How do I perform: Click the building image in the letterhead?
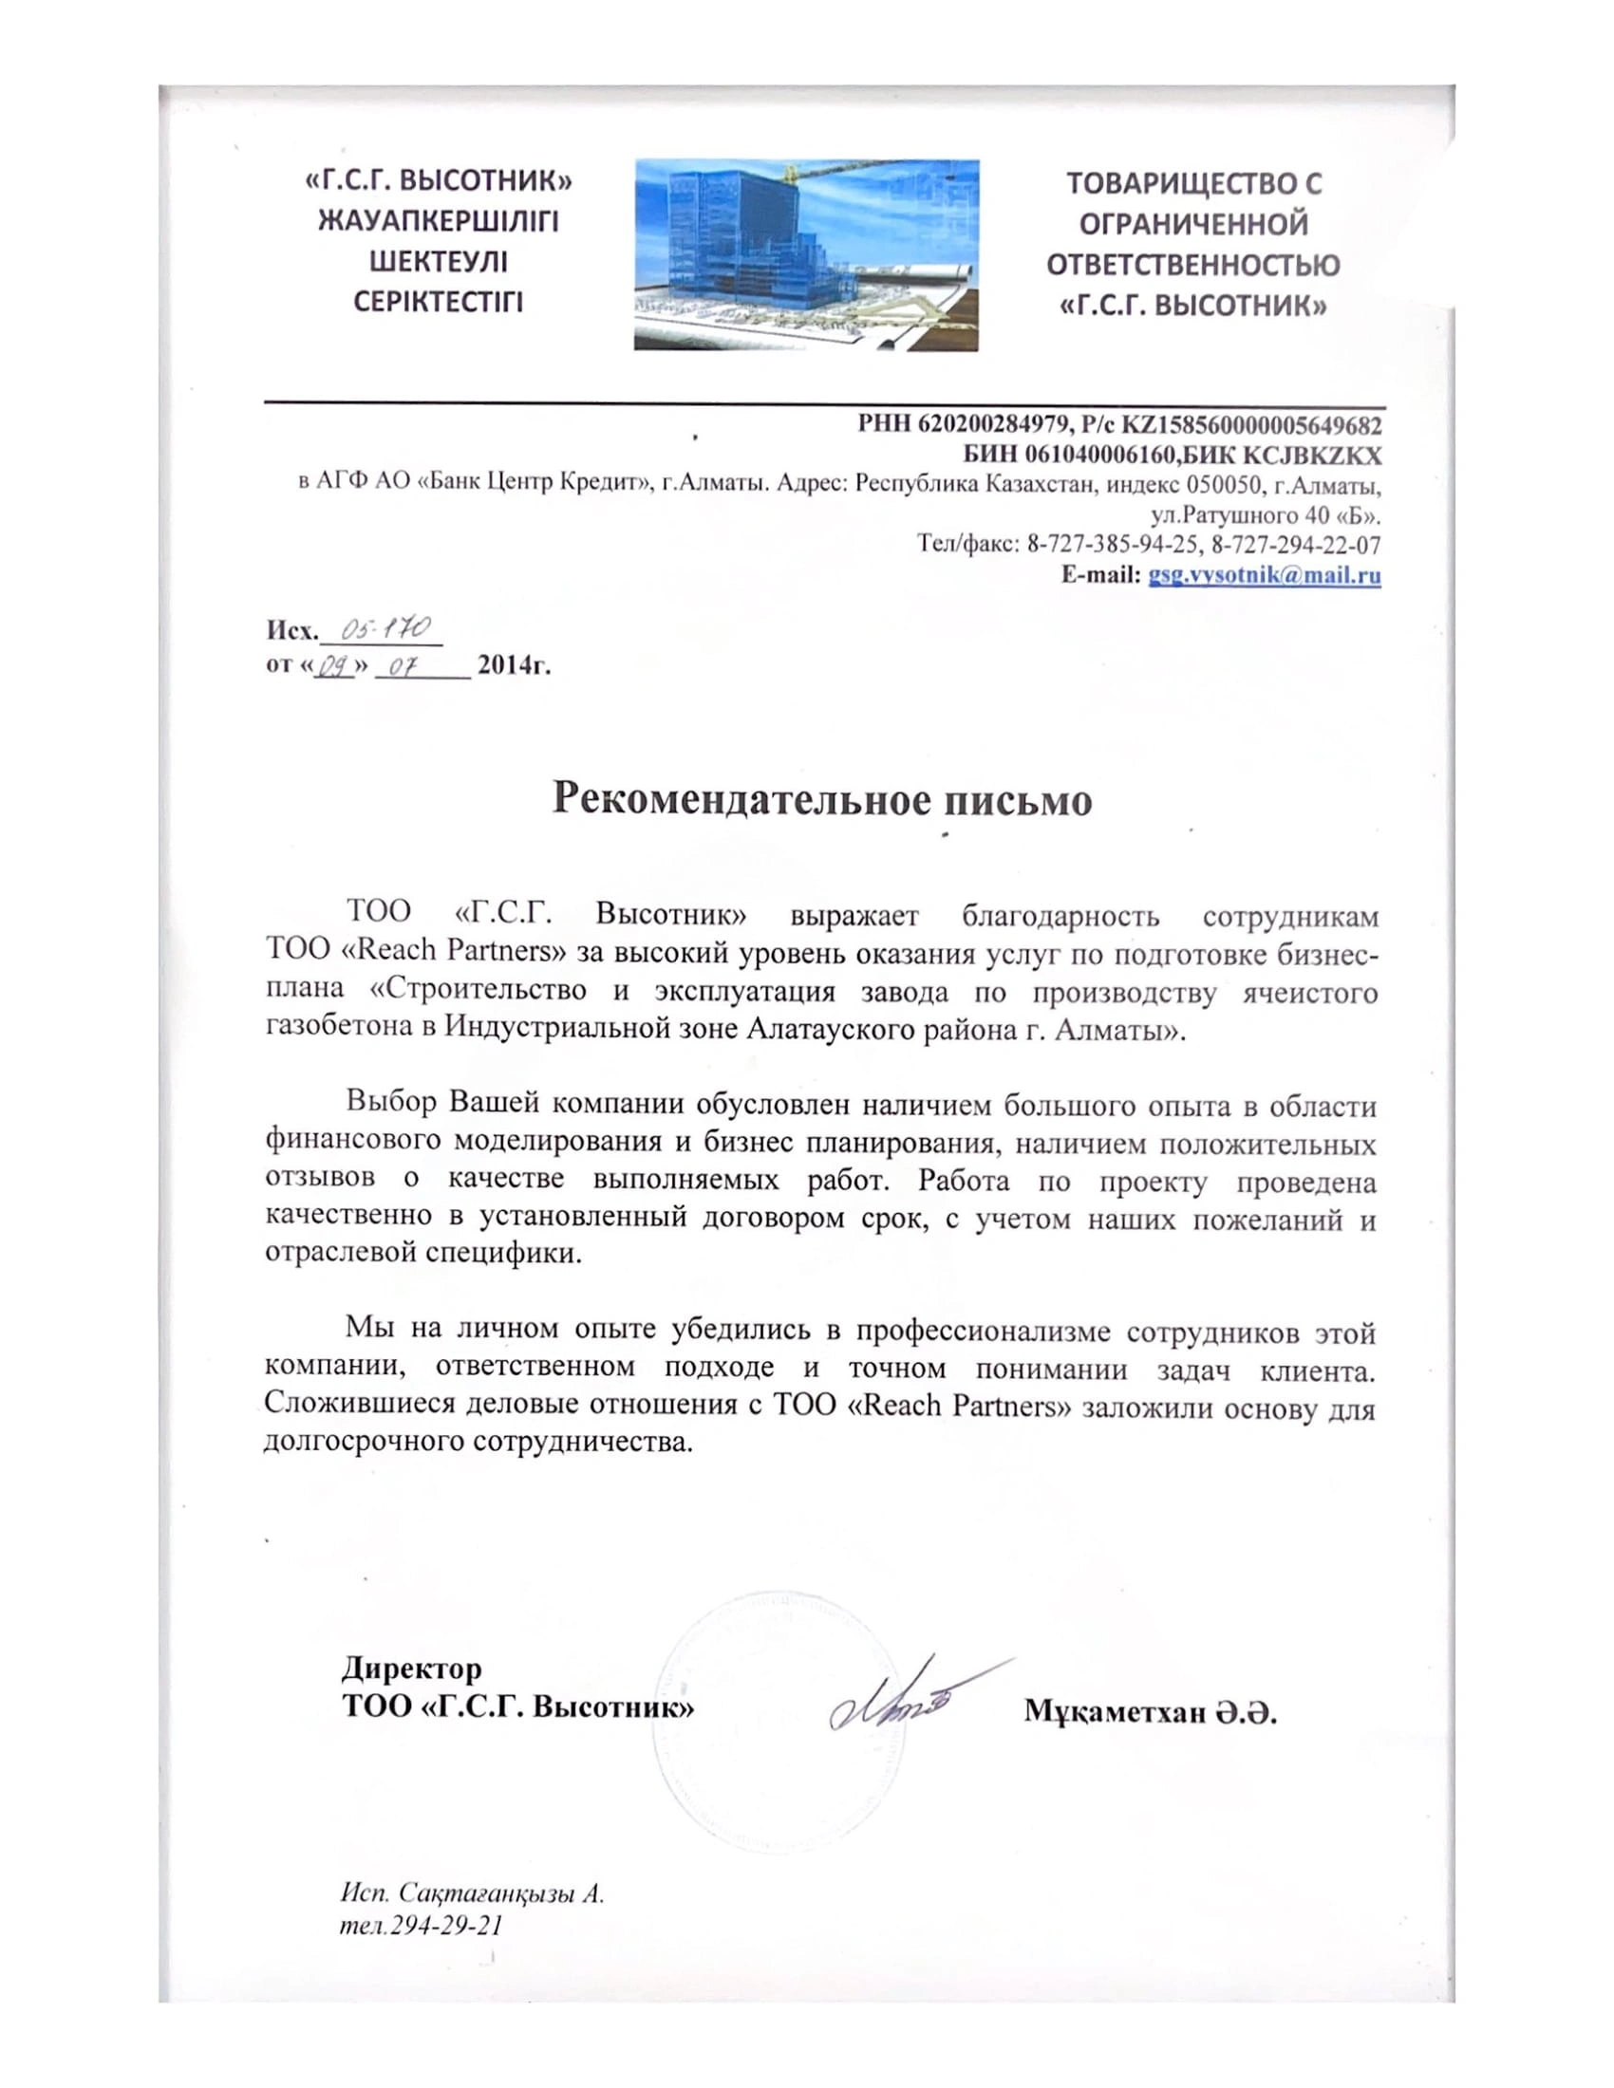point(805,254)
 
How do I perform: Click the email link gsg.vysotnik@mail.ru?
point(1264,575)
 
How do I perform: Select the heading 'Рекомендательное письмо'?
point(822,799)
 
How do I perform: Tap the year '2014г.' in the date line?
point(514,663)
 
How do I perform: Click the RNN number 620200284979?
point(990,423)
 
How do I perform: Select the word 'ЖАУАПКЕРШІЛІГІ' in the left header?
point(438,222)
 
